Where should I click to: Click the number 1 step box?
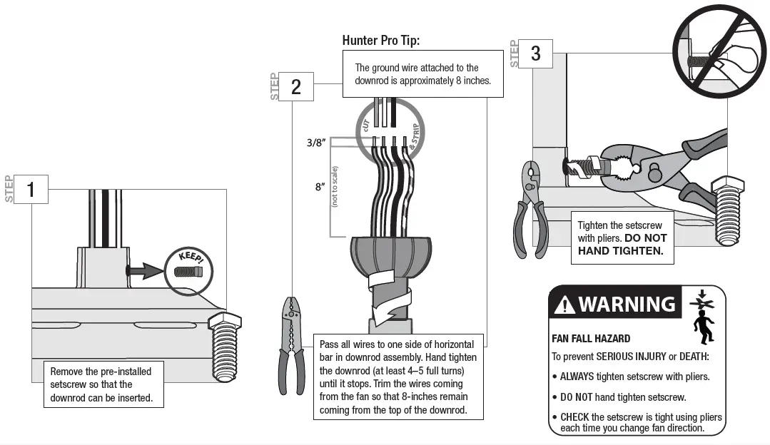pyautogui.click(x=31, y=190)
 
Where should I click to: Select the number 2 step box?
pyautogui.click(x=296, y=87)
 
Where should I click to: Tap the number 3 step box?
pyautogui.click(x=536, y=53)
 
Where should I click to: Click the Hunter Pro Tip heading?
pyautogui.click(x=381, y=41)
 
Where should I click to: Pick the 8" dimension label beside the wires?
pyautogui.click(x=320, y=187)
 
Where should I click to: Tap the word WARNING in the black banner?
pyautogui.click(x=626, y=305)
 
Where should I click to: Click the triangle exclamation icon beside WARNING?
pyautogui.click(x=564, y=305)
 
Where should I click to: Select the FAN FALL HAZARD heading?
pyautogui.click(x=591, y=339)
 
